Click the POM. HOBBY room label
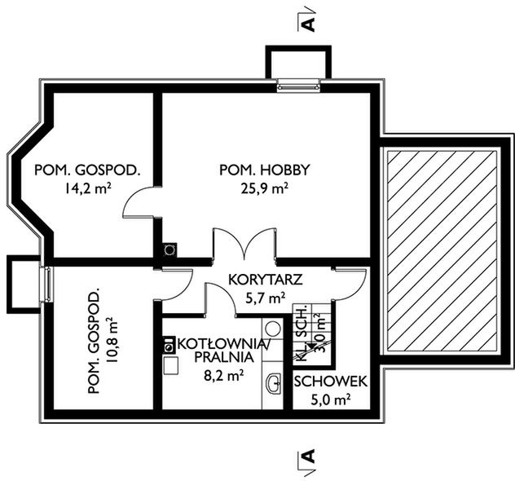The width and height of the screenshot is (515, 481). (264, 170)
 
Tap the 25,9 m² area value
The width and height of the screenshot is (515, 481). (265, 188)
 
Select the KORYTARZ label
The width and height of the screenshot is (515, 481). (266, 280)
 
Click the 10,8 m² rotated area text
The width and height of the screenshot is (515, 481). (112, 340)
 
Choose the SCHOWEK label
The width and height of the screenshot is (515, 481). (330, 382)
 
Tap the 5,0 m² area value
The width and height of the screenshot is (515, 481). (330, 400)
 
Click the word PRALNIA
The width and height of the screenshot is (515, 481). (224, 357)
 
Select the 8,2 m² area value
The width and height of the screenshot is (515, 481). (224, 375)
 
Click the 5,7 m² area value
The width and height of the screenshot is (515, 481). (266, 298)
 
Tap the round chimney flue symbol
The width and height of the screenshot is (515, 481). (169, 249)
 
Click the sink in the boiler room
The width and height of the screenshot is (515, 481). (274, 383)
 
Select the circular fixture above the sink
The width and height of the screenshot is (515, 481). (273, 329)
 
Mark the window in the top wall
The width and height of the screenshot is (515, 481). (298, 86)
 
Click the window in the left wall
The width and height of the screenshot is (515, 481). (46, 284)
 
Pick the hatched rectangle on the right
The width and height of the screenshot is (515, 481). (442, 250)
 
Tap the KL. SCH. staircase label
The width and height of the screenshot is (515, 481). (302, 333)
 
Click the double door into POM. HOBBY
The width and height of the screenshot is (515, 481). (244, 244)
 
